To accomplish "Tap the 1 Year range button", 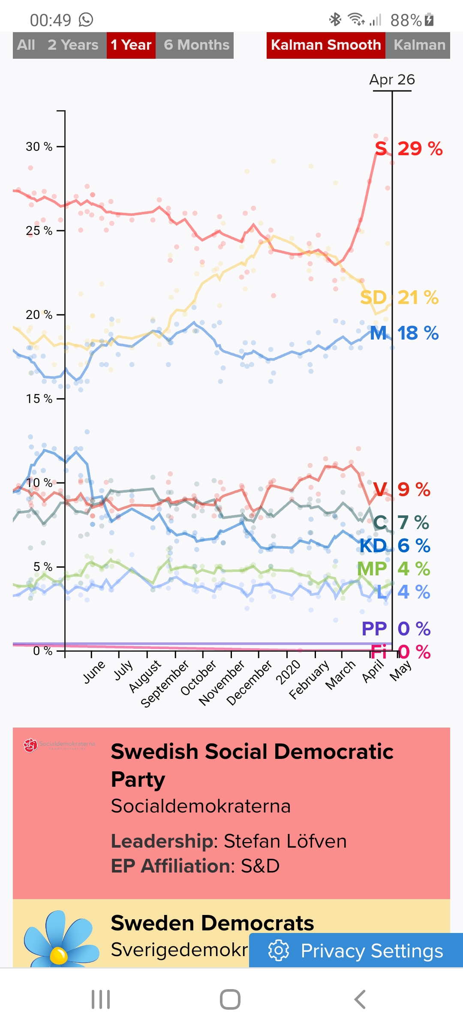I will [x=131, y=45].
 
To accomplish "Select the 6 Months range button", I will [x=196, y=45].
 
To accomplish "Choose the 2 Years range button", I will [x=73, y=45].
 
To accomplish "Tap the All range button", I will [x=26, y=45].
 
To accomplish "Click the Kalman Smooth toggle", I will [x=326, y=45].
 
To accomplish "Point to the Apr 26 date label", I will [x=392, y=80].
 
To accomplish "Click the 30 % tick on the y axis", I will [x=39, y=147].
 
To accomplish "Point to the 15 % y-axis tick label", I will [x=39, y=399].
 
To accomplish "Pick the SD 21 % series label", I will [x=399, y=297].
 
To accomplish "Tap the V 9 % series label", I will [x=401, y=489].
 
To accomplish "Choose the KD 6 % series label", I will [x=394, y=546].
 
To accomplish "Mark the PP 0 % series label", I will [x=396, y=629].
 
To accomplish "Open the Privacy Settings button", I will [x=356, y=951].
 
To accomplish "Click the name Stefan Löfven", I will [x=285, y=841].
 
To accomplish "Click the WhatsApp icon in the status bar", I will [x=86, y=20].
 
